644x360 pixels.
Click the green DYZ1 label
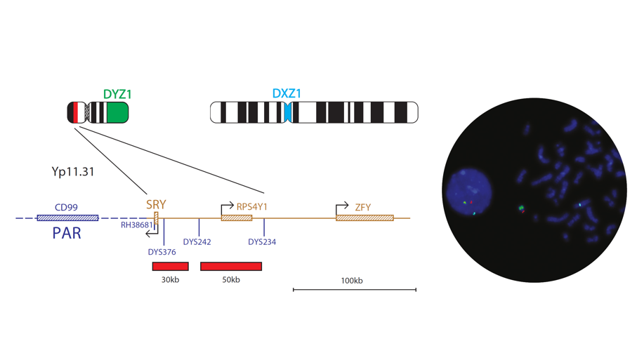tap(117, 94)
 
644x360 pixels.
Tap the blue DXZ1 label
tap(287, 93)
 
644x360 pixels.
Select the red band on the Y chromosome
tap(75, 113)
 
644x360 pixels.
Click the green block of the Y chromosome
tap(116, 113)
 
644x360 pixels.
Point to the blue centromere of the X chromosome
tap(287, 112)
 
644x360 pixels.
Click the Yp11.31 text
tap(73, 171)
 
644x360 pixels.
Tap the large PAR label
tap(67, 233)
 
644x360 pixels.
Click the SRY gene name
tap(156, 205)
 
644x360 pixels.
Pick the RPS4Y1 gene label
tap(252, 207)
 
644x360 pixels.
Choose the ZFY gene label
tap(363, 208)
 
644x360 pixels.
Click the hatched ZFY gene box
tap(364, 218)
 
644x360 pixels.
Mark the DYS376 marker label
tap(162, 252)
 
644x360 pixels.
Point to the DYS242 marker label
tap(197, 242)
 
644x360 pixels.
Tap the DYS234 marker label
tap(262, 242)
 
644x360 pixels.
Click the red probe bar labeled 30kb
tap(170, 267)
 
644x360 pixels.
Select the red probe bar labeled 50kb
tap(231, 267)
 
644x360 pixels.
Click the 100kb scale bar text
tap(352, 281)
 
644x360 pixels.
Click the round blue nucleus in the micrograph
tap(467, 192)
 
